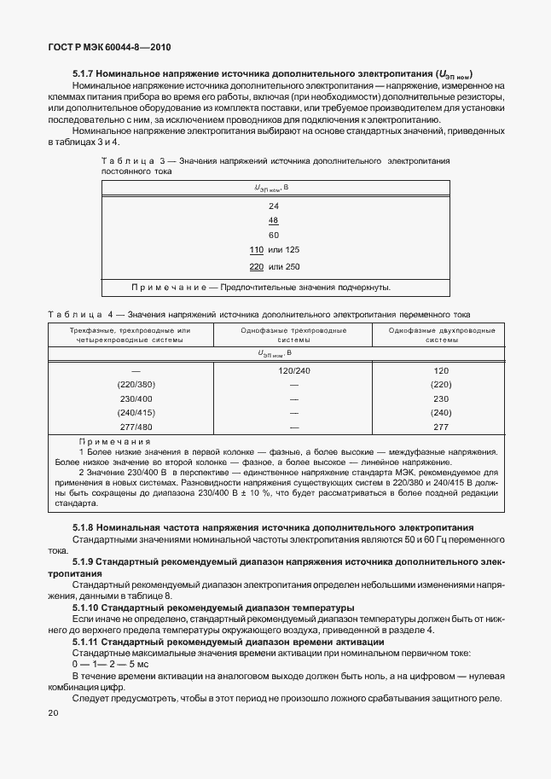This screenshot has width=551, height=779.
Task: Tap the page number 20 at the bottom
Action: coord(54,712)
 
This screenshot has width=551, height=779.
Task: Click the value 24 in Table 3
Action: coord(274,206)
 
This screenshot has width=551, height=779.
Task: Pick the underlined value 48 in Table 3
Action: coord(274,220)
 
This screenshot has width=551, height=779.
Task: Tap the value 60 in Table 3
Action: coord(274,235)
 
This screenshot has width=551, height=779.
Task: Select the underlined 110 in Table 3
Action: coord(256,249)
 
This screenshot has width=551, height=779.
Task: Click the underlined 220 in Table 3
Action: coord(256,266)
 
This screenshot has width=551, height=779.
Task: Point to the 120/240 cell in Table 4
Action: coord(294,371)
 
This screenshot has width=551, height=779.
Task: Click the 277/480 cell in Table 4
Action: coord(136,426)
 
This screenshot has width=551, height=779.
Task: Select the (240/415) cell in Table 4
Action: coord(136,412)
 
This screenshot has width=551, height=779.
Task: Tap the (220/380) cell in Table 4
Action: coord(136,385)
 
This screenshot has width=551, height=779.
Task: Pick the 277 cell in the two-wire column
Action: coord(441,426)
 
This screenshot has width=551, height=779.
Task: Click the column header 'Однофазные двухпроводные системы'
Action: coord(441,334)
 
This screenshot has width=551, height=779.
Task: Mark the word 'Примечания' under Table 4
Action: coord(114,441)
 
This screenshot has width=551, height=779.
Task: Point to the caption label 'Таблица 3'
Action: coord(126,160)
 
